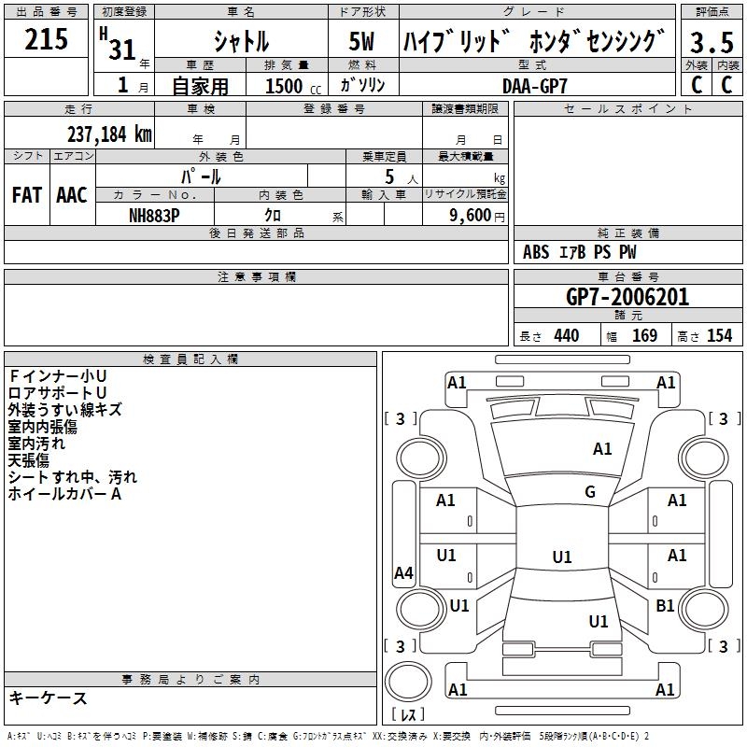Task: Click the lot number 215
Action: point(46,39)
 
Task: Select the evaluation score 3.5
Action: point(711,43)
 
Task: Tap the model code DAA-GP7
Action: point(534,85)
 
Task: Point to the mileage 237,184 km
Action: point(108,134)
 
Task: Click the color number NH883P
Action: point(154,214)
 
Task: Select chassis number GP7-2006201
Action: point(627,297)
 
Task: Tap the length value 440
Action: point(566,335)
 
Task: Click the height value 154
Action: point(719,335)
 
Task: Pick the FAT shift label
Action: point(27,195)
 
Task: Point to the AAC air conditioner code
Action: point(71,195)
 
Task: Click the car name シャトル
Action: point(241,41)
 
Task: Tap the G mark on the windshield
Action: point(589,492)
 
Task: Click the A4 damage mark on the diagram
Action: point(403,573)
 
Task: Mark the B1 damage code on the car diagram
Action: point(665,606)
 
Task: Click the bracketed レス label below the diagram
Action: point(408,715)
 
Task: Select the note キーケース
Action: point(49,698)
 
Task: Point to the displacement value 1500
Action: point(284,86)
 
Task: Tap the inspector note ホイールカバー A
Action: point(65,494)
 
